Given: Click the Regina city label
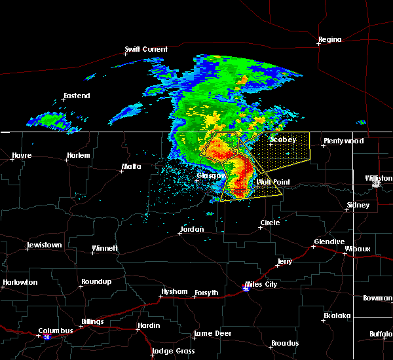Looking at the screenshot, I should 329,40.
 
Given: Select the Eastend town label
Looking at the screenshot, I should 77,96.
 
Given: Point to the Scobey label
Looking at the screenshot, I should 283,140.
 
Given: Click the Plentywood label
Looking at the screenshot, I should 343,141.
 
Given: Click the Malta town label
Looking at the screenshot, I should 131,168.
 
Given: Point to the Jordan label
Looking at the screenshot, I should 191,230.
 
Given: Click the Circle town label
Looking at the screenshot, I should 270,223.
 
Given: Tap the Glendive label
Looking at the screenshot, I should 329,242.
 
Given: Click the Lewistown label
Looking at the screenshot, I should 47,245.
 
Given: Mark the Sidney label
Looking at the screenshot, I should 358,206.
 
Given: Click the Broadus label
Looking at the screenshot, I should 285,344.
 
